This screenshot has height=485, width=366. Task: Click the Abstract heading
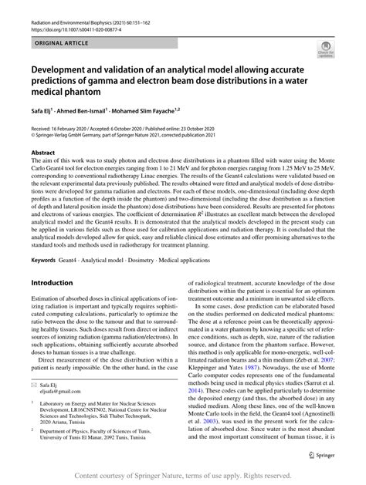(42, 153)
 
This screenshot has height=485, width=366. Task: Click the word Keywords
(45, 238)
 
